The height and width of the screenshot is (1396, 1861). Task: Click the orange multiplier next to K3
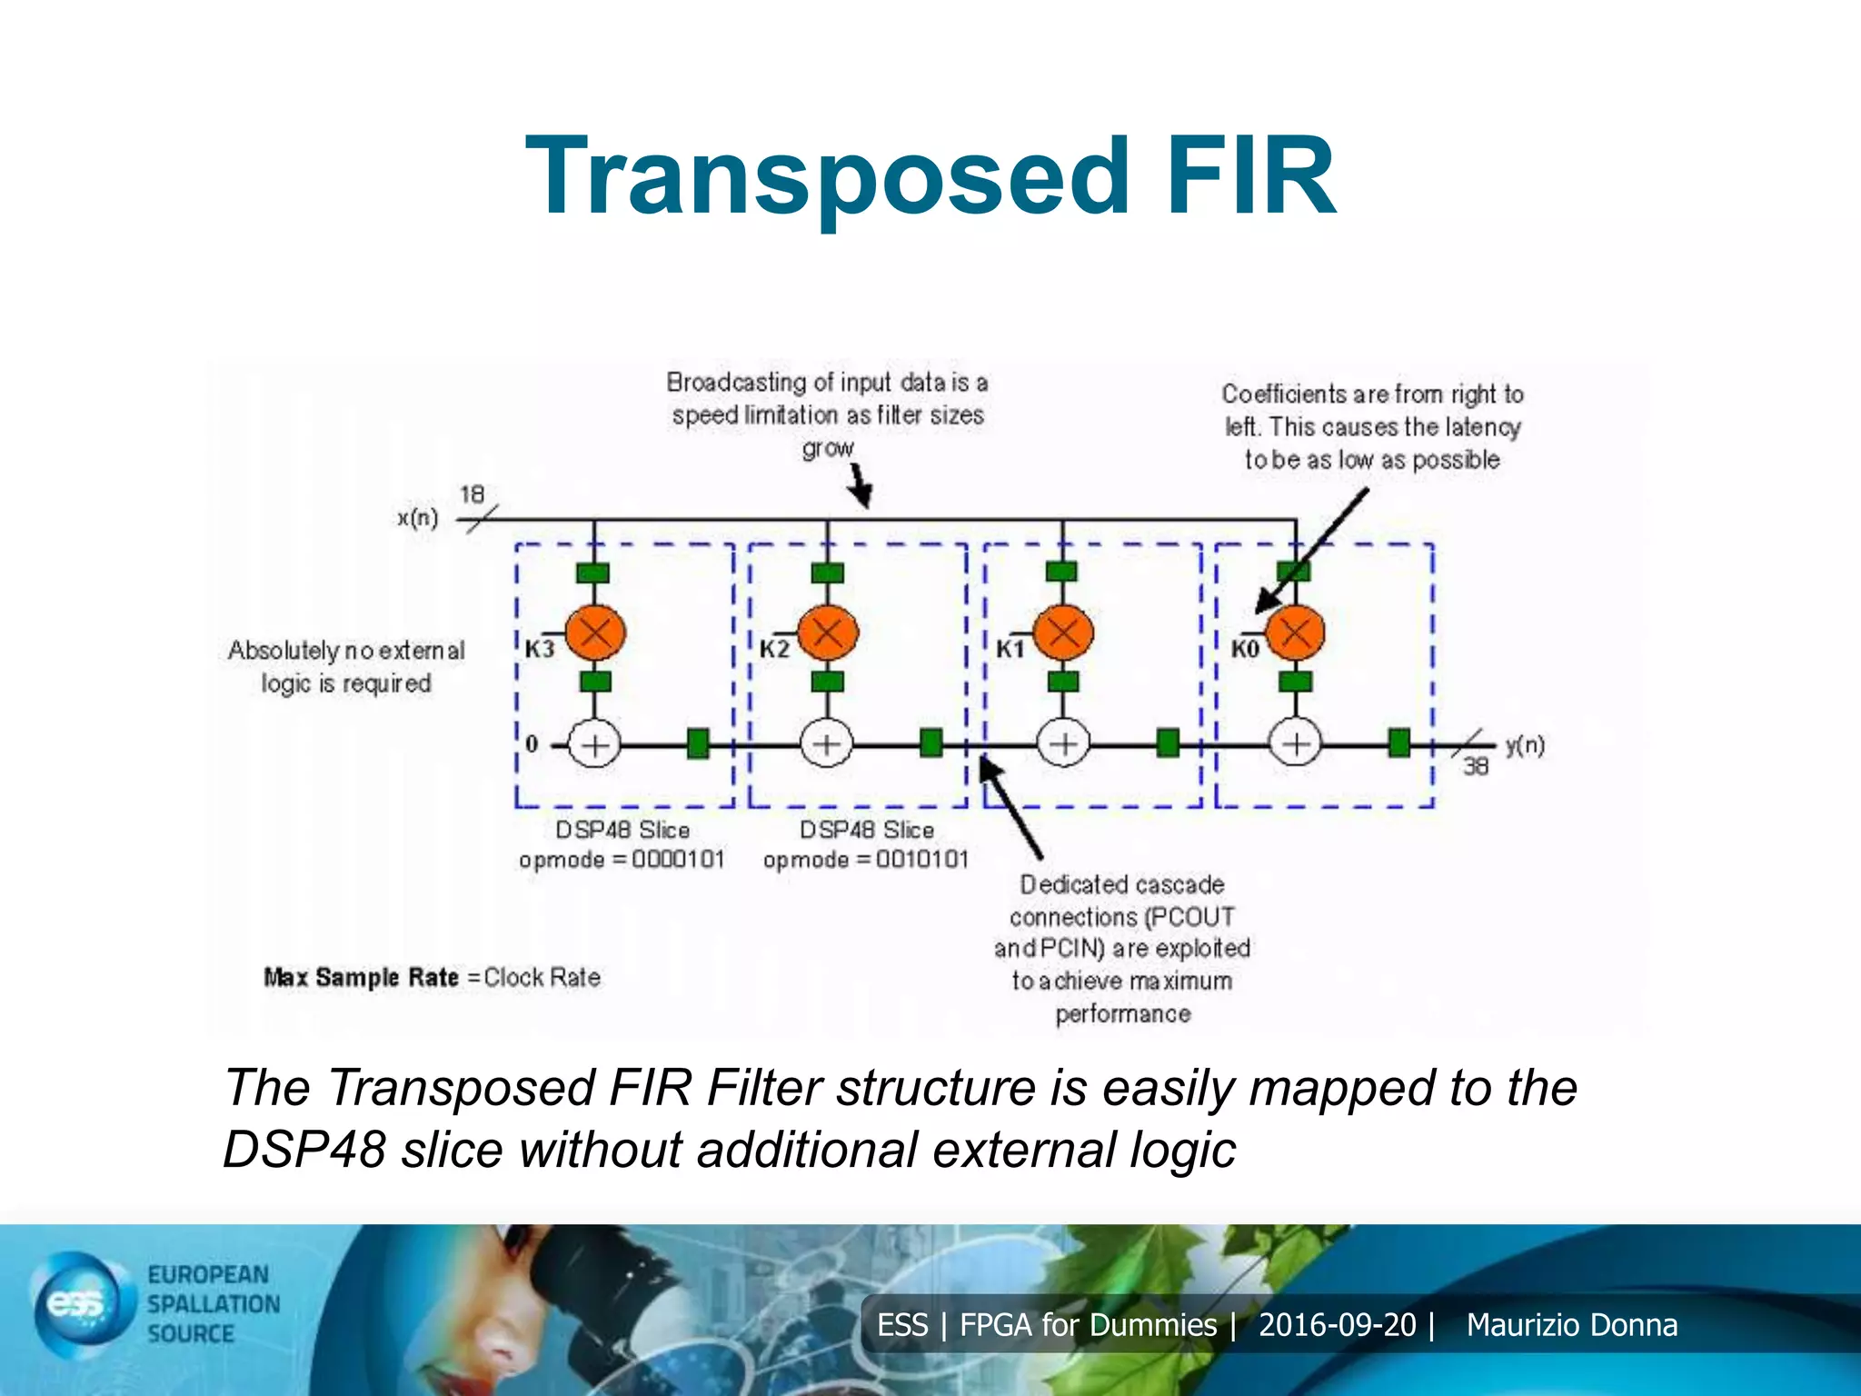click(595, 632)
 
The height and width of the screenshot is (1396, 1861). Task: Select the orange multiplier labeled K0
click(1295, 633)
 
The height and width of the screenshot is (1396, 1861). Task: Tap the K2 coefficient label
click(774, 649)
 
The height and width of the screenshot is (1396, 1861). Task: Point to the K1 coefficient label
click(1010, 649)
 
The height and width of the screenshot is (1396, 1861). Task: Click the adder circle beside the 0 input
click(594, 745)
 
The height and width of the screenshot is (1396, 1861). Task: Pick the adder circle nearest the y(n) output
click(1295, 745)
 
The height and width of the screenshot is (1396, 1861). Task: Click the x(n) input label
click(417, 518)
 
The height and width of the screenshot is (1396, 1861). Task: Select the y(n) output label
click(1524, 745)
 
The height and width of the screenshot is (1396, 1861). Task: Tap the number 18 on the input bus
click(472, 494)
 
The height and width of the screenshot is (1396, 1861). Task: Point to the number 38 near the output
click(1475, 767)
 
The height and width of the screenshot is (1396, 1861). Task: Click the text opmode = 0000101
click(622, 860)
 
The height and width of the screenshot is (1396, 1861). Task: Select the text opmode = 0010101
click(866, 860)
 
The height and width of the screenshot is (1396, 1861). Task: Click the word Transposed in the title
click(827, 177)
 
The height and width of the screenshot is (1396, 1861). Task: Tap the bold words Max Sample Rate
click(361, 978)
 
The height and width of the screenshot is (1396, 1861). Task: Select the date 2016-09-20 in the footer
click(1337, 1325)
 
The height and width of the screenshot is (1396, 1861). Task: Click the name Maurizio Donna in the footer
click(1571, 1325)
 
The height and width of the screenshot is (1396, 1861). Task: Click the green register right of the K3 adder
click(697, 743)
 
